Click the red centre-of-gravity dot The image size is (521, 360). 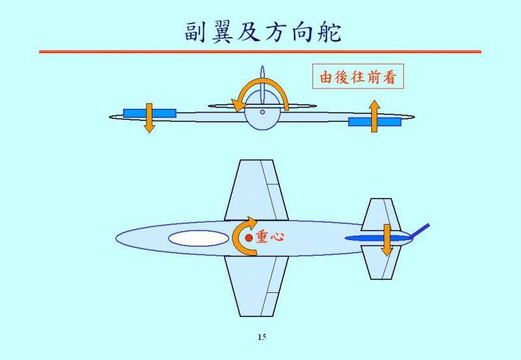tap(249, 238)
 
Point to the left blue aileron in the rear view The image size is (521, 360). tap(137, 113)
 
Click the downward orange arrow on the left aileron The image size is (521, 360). tap(149, 118)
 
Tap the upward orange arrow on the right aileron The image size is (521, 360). tap(374, 116)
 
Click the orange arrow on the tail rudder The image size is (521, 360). tap(386, 240)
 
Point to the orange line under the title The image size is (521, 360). tap(260, 51)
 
